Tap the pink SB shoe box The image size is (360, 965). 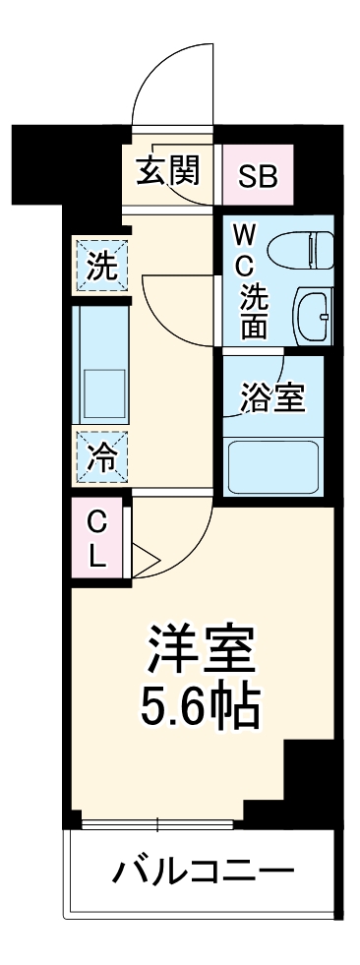tap(258, 175)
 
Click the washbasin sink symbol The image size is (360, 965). tap(315, 314)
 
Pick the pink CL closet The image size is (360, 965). tap(96, 538)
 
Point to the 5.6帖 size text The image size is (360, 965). tap(202, 704)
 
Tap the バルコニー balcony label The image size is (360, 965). tap(202, 872)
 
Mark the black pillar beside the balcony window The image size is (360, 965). tap(307, 777)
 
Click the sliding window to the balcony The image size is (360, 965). tap(157, 821)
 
